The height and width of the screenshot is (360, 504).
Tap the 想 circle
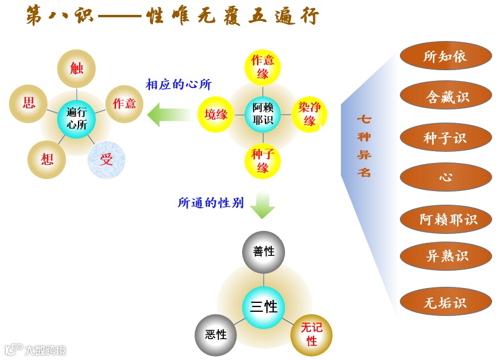pos(47,159)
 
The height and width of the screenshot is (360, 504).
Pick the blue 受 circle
pos(107,159)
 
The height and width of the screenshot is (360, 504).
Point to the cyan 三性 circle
pos(264,307)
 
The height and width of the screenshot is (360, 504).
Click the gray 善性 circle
pos(264,252)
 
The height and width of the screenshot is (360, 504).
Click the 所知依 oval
pos(446,56)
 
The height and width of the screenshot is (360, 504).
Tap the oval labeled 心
pos(446,177)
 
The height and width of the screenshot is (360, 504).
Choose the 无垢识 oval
pos(446,302)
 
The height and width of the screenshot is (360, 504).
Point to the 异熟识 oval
pos(446,256)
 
